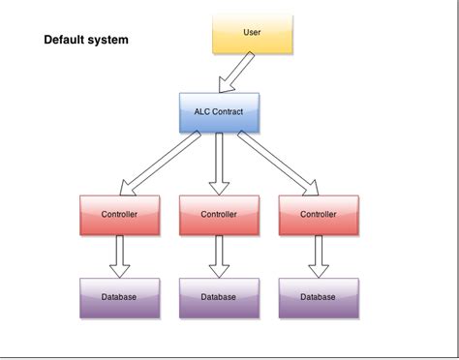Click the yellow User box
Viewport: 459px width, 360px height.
251,33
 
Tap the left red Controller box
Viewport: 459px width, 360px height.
119,215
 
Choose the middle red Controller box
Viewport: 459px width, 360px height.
219,215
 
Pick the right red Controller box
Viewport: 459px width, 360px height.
319,215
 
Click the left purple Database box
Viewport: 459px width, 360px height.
119,298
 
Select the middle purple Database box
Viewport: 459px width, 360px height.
219,298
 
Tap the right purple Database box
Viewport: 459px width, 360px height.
319,298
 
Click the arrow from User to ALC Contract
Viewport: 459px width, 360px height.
237,73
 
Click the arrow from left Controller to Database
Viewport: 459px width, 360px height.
119,256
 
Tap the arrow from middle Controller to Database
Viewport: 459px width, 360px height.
219,256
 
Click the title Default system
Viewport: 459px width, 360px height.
86,41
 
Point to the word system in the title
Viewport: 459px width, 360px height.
107,41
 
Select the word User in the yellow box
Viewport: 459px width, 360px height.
251,32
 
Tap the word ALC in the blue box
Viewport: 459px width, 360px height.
202,111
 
